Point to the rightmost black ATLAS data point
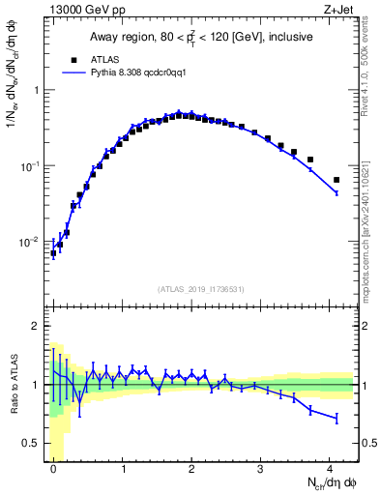click(x=336, y=180)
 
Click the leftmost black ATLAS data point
click(x=53, y=253)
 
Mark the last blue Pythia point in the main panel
click(x=336, y=193)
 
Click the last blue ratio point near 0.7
click(x=336, y=418)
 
